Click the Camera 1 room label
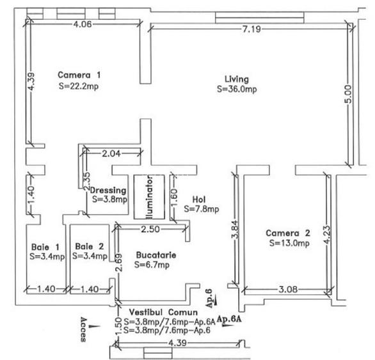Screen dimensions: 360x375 click(79, 74)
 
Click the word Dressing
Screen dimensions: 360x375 click(108, 191)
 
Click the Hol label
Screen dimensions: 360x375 click(198, 199)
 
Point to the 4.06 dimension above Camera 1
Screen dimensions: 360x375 click(83, 24)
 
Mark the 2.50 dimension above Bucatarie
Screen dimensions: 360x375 click(150, 229)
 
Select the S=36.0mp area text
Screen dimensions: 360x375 click(237, 89)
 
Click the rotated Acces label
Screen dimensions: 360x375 click(84, 328)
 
